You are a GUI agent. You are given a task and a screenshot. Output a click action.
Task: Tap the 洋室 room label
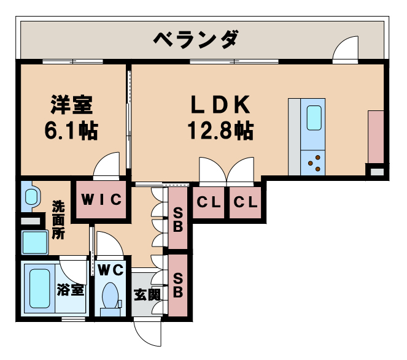pyautogui.click(x=71, y=105)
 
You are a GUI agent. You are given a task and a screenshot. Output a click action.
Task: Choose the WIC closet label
pyautogui.click(x=101, y=200)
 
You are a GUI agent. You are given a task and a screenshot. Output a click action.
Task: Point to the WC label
pyautogui.click(x=110, y=269)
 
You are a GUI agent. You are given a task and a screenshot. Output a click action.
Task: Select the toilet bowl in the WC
pyautogui.click(x=110, y=296)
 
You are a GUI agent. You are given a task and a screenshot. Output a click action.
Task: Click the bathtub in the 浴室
pyautogui.click(x=39, y=288)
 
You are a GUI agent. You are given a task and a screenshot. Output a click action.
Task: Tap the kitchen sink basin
pyautogui.click(x=314, y=118)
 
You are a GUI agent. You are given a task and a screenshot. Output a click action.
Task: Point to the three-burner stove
pyautogui.click(x=314, y=163)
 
